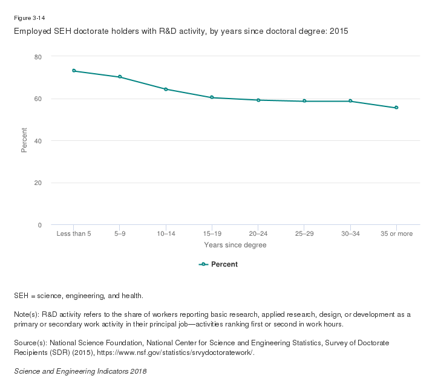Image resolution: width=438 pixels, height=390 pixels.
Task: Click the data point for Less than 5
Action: click(x=74, y=71)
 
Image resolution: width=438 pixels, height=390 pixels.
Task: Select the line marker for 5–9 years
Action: click(x=120, y=77)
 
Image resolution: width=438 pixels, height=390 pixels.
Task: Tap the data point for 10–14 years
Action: click(x=166, y=89)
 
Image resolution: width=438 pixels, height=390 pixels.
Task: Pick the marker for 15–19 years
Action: click(x=212, y=97)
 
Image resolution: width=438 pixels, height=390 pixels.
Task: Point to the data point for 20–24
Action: click(x=258, y=100)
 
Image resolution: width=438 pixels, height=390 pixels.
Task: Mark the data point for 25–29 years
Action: click(x=304, y=101)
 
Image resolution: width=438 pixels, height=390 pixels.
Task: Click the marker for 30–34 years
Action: click(x=350, y=101)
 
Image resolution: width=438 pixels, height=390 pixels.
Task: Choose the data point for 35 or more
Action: click(x=396, y=108)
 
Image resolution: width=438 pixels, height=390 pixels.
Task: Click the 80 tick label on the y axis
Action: click(x=38, y=57)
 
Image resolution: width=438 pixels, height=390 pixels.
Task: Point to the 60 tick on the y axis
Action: click(x=38, y=99)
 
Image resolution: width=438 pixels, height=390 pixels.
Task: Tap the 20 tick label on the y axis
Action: click(x=38, y=183)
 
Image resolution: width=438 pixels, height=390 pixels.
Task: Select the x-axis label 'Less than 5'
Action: click(x=74, y=233)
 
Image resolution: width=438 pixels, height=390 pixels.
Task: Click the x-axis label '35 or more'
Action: click(x=396, y=233)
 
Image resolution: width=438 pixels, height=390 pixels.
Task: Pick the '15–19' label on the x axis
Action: click(x=212, y=233)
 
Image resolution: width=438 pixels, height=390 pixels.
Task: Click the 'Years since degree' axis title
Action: click(x=235, y=245)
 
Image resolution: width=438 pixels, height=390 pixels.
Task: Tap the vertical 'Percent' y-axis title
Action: click(x=24, y=140)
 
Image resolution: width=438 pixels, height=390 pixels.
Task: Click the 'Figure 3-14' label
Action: click(x=29, y=18)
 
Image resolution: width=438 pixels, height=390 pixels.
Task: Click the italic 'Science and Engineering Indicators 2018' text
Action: click(x=80, y=371)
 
